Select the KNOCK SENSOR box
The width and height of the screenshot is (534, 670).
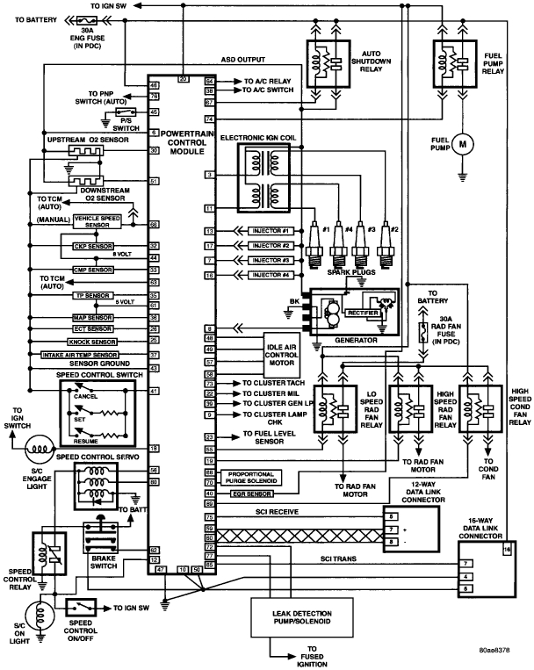(x=92, y=340)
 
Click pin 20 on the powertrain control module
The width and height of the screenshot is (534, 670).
(x=183, y=79)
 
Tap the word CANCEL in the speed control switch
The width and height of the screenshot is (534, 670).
(x=85, y=396)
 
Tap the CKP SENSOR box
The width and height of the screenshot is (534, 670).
(x=92, y=246)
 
